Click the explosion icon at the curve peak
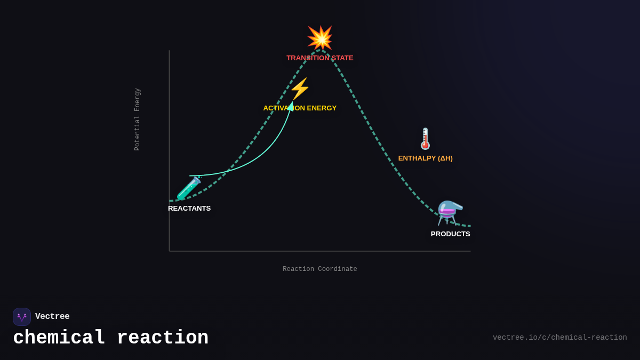coord(320,38)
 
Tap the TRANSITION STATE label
coord(319,58)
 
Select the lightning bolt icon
coord(300,89)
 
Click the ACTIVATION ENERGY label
coord(300,108)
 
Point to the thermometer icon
coord(425,139)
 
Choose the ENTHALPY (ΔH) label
coord(425,158)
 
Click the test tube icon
coord(189,188)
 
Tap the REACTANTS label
coord(189,209)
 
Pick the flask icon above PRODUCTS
coord(450,212)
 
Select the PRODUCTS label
coord(450,234)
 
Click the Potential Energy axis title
coord(137,119)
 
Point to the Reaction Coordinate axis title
coord(320,269)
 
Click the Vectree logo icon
coord(22,317)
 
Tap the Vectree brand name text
coord(52,317)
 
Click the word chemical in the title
coord(59,338)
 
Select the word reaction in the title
coord(162,338)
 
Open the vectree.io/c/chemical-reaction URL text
coord(559,338)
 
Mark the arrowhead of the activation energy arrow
coord(291,106)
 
